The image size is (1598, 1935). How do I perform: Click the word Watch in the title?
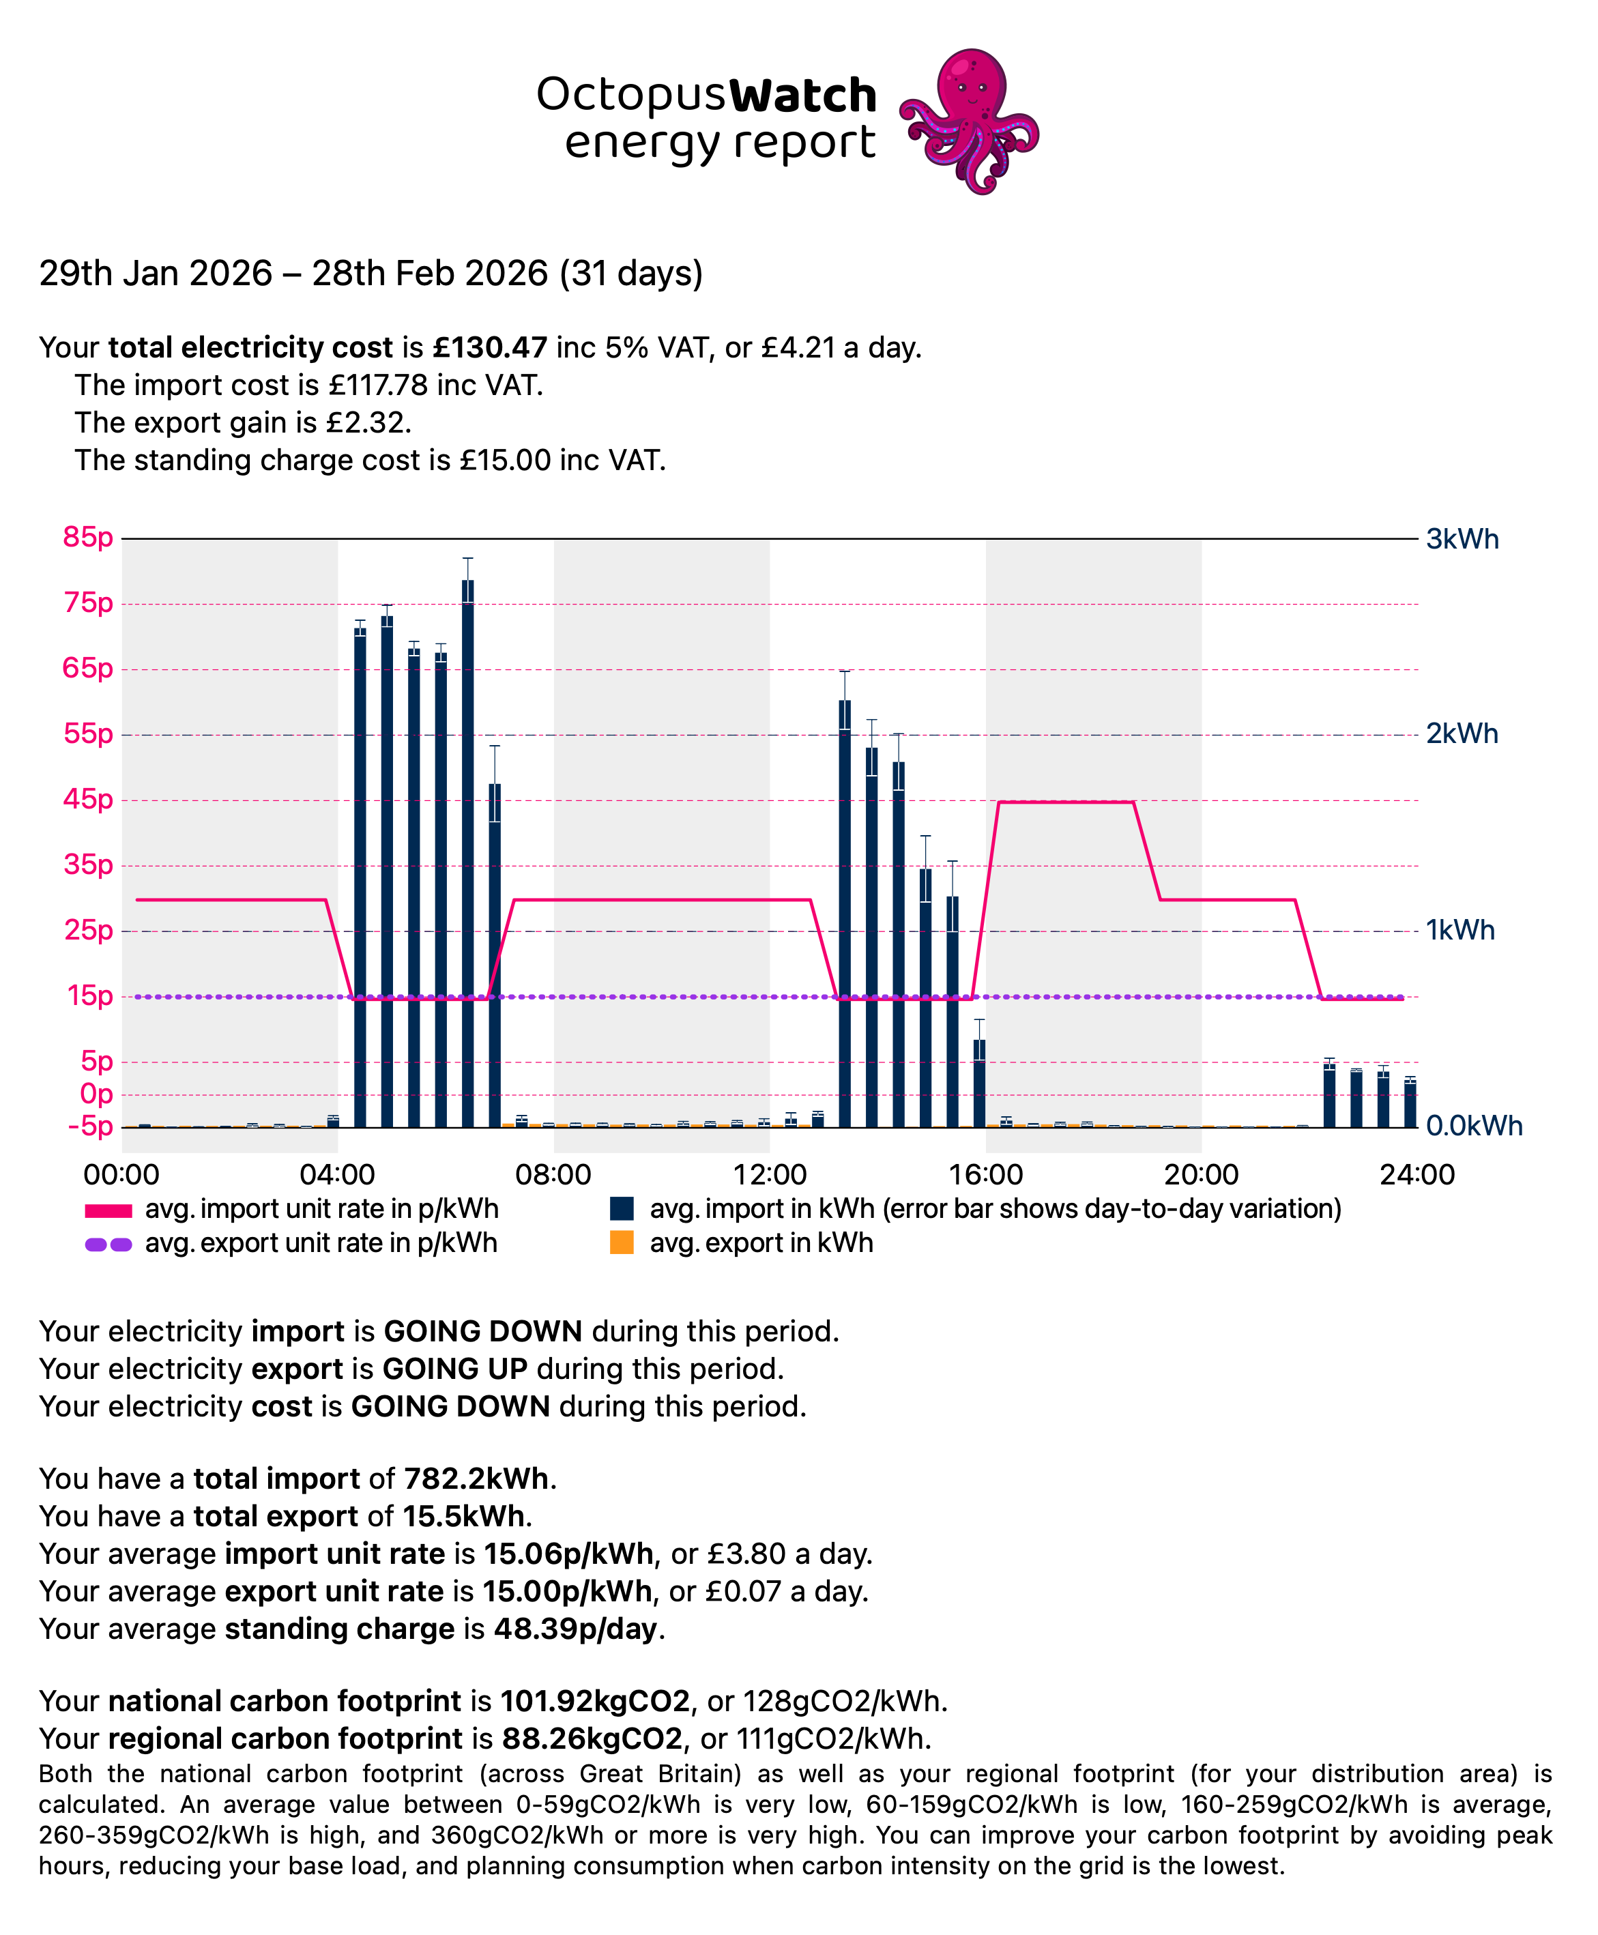tap(802, 96)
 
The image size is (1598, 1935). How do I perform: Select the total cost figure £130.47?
tap(490, 347)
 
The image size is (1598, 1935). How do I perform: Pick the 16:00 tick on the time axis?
tap(985, 1175)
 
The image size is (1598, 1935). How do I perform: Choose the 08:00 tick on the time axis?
tap(553, 1175)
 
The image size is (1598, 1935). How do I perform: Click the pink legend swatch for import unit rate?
tap(108, 1210)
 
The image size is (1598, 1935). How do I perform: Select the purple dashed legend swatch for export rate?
tap(108, 1245)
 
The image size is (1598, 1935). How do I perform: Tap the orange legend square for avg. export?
tap(622, 1242)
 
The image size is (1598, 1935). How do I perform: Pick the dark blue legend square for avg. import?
tap(622, 1208)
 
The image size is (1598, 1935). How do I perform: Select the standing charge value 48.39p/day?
tap(577, 1629)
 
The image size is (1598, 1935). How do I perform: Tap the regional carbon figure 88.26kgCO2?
tap(592, 1739)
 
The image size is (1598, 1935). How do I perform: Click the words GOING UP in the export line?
tap(454, 1369)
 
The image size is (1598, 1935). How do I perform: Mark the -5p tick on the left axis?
tap(90, 1126)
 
